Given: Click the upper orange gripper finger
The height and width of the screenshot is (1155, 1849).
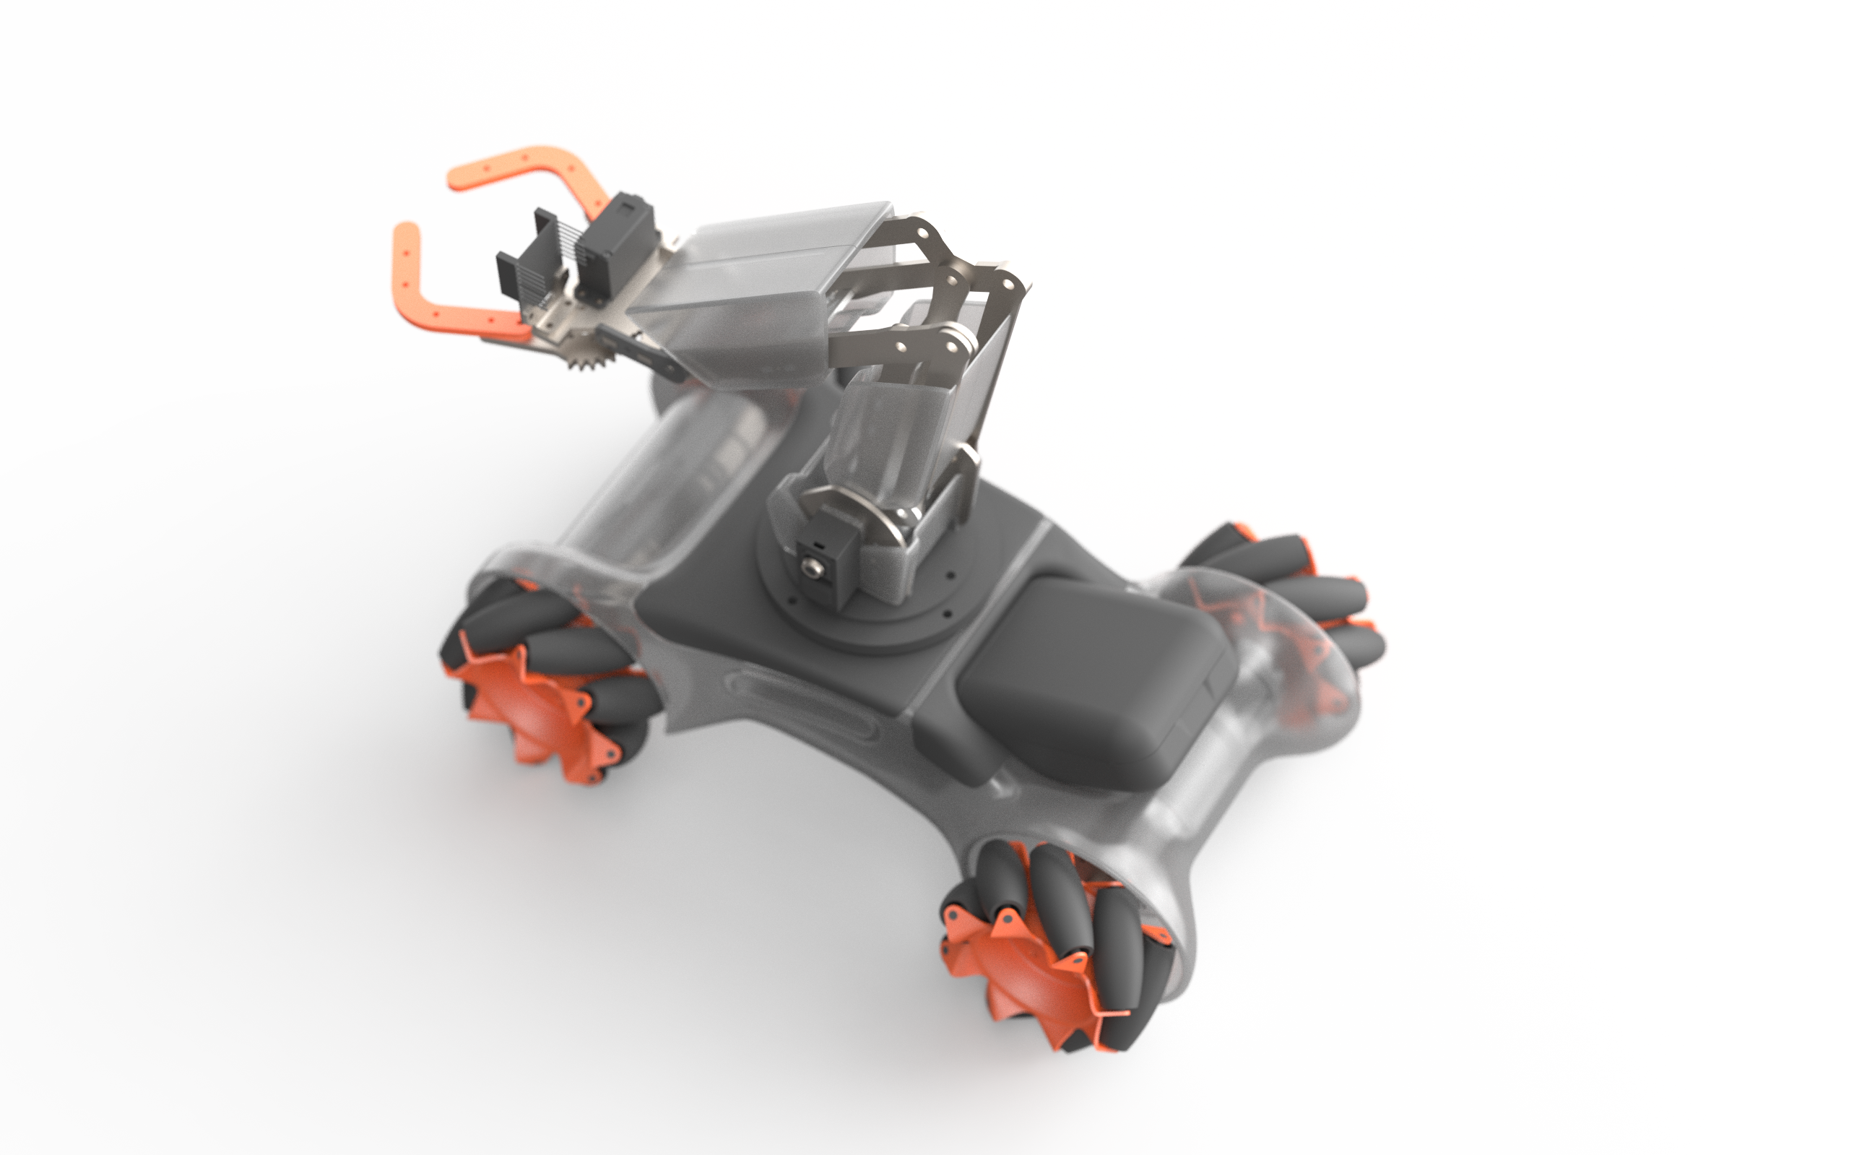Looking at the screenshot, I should [519, 164].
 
